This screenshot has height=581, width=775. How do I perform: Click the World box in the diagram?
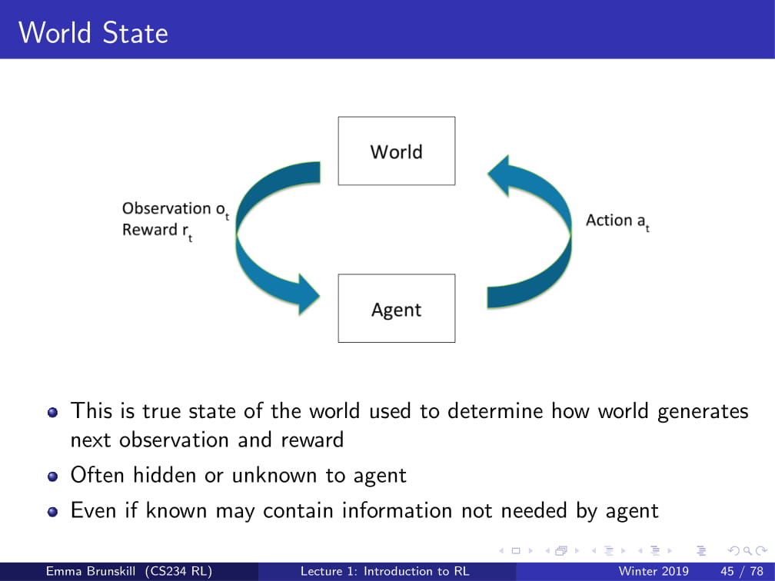tap(396, 151)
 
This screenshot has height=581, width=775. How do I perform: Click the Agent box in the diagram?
tap(396, 308)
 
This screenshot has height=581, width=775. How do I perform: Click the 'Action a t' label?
tap(617, 221)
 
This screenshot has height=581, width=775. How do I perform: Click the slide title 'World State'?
tap(93, 33)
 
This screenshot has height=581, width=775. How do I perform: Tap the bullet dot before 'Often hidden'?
tap(52, 476)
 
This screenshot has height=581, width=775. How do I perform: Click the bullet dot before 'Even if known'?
tap(52, 511)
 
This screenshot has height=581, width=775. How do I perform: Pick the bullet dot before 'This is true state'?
tap(52, 412)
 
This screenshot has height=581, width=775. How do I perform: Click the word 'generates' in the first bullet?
tap(703, 412)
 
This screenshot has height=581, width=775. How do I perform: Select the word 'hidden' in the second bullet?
tap(165, 476)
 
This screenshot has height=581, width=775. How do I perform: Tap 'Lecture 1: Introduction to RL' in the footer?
tap(384, 571)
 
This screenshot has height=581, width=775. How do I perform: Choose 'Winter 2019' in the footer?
tap(654, 571)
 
